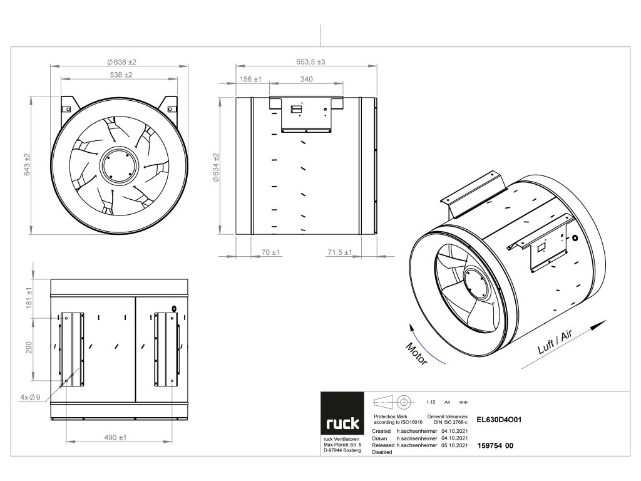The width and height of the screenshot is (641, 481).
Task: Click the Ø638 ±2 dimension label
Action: (x=121, y=62)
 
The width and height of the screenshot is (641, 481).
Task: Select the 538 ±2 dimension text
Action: (x=120, y=75)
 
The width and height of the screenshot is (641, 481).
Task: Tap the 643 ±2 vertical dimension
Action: (x=28, y=164)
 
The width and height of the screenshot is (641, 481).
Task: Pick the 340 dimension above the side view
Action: (x=307, y=80)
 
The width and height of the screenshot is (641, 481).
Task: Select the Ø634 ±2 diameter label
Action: (x=215, y=167)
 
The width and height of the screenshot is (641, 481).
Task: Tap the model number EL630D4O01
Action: (x=499, y=422)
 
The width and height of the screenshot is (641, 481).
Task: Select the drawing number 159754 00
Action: (x=495, y=445)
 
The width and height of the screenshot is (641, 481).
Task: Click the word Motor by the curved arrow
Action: (x=416, y=354)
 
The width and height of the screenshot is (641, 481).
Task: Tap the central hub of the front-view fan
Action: (x=118, y=165)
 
